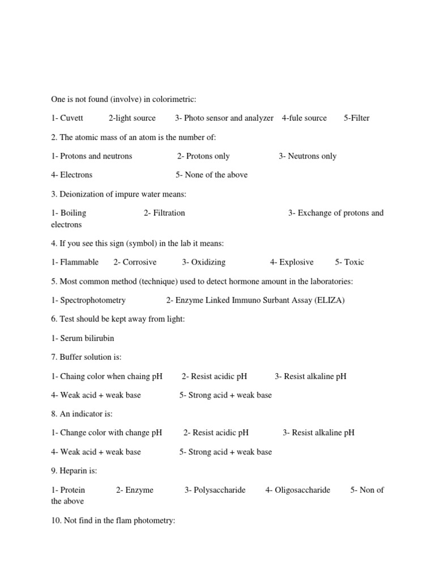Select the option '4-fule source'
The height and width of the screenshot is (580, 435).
pos(304,118)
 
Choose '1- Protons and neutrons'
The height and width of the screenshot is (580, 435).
pos(91,156)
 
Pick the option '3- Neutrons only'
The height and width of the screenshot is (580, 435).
pos(308,156)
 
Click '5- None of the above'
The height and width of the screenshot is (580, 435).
pos(211,174)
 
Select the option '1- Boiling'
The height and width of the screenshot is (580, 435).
pos(69,213)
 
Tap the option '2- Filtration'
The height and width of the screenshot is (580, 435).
pos(164,213)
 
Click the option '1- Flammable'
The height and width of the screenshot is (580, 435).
pos(75,262)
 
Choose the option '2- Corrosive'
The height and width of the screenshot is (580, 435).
pos(135,262)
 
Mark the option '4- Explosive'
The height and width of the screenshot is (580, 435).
pos(292,262)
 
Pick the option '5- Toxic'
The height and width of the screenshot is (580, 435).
pos(349,262)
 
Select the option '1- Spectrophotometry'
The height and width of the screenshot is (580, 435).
pos(88,300)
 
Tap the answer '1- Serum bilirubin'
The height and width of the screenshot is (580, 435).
pos(83,338)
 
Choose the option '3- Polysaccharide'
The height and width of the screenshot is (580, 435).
pos(215,490)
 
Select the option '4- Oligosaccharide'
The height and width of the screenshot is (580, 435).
pos(297,490)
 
